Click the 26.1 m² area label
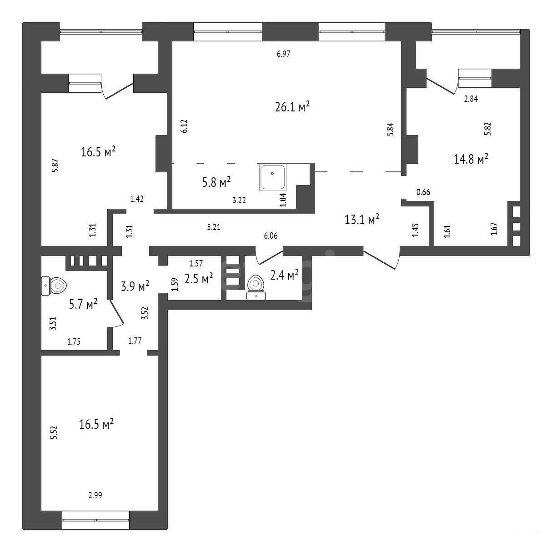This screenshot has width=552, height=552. click(x=292, y=106)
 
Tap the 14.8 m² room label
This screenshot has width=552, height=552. click(x=471, y=159)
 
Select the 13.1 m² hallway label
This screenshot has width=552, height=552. click(x=362, y=220)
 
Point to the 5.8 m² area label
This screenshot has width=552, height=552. click(x=216, y=182)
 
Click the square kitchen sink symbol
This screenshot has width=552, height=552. click(x=273, y=177)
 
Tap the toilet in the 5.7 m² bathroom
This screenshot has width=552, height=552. click(x=54, y=286)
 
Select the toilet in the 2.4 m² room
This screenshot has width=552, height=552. click(x=256, y=287)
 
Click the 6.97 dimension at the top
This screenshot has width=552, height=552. click(x=284, y=54)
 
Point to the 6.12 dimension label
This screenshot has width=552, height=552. click(x=184, y=126)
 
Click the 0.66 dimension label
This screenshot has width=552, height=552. click(x=423, y=192)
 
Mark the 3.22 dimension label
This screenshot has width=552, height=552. click(x=239, y=200)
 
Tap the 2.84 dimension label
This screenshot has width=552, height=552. click(x=471, y=99)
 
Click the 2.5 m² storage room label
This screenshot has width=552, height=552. click(x=199, y=278)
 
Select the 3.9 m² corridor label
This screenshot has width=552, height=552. click(x=135, y=286)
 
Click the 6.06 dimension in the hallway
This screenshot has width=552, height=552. click(x=271, y=236)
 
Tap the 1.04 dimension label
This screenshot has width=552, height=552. click(x=283, y=200)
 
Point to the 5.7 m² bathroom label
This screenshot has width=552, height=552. click(x=83, y=304)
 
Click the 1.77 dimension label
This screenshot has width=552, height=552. click(x=135, y=341)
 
